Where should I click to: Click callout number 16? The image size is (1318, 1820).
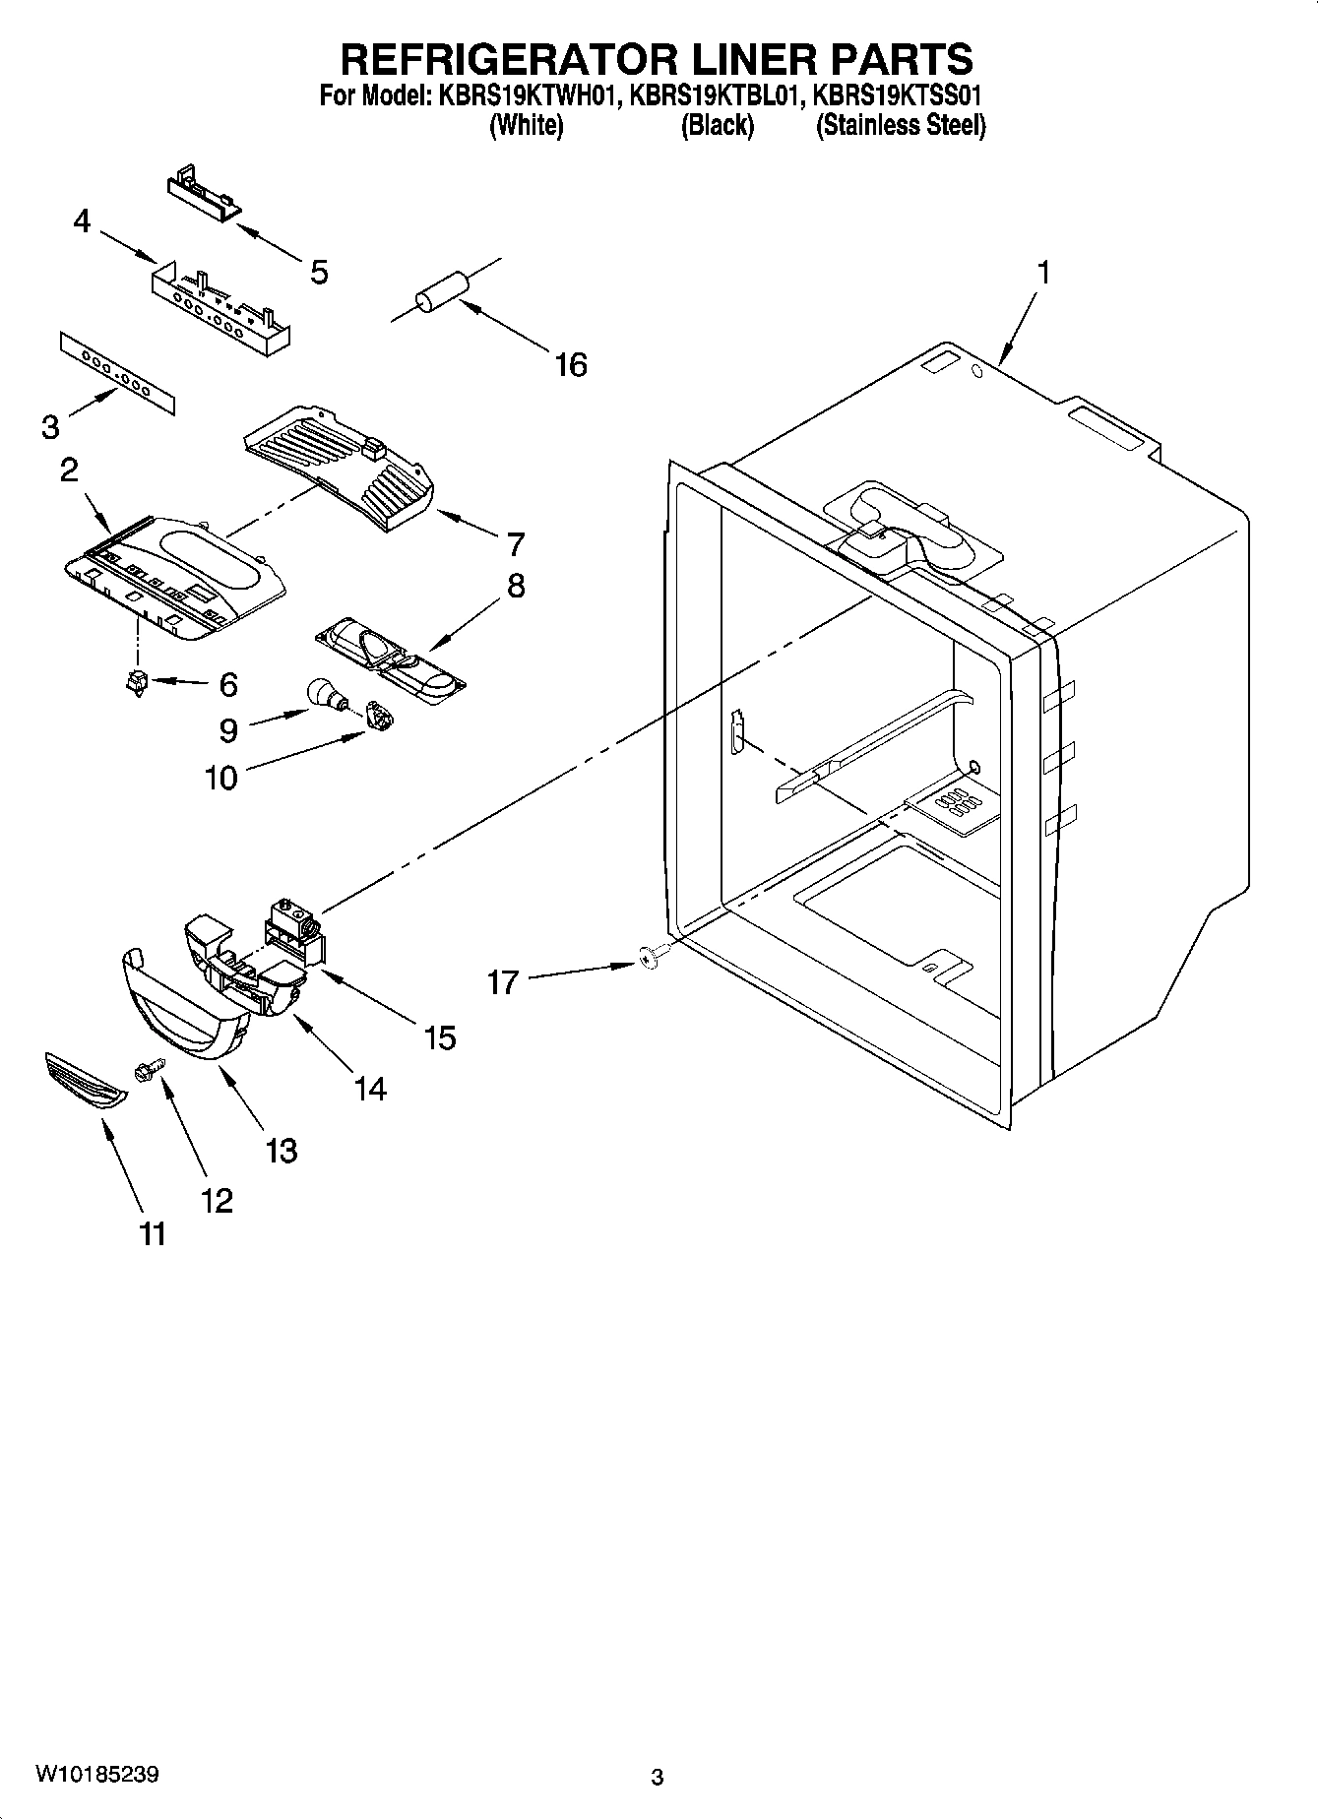click(570, 365)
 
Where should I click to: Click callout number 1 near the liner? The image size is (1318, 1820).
click(1042, 272)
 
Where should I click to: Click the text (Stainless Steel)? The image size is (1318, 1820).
click(900, 126)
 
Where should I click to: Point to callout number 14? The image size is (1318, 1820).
click(370, 1089)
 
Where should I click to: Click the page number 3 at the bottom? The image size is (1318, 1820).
click(658, 1778)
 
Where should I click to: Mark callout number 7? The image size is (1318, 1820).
click(514, 544)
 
